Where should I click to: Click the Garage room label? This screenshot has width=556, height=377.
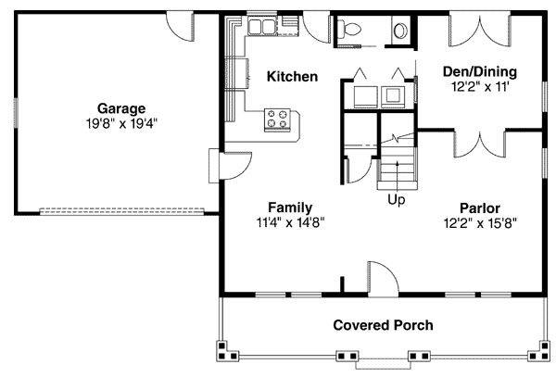pos(121,108)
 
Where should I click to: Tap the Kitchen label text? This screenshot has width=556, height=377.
pos(292,77)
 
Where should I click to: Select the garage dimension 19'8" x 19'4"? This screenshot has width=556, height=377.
pos(121,123)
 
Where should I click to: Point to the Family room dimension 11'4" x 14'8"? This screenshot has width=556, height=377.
pos(290,223)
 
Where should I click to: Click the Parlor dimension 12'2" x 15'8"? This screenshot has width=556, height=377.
pos(480,223)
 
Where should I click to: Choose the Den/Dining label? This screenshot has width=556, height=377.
pos(480,71)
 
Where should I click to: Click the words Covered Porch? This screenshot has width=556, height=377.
pos(383,325)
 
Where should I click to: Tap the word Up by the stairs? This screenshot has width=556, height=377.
pos(396,200)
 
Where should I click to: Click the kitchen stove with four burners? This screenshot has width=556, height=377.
pos(277,119)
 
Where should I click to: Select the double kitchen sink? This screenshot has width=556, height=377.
pos(262,26)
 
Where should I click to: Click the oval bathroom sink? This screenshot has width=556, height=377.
pos(401,31)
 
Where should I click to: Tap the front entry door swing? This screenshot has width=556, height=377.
pos(384,279)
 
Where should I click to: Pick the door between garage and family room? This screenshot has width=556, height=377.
pos(235,166)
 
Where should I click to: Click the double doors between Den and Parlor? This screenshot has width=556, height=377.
pos(480,144)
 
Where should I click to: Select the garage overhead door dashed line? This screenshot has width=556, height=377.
pos(121,211)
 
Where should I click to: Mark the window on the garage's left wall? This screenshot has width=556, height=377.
pos(16,113)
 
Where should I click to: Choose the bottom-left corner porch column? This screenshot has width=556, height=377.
pos(227,351)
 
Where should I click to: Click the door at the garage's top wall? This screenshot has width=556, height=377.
pos(180,27)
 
